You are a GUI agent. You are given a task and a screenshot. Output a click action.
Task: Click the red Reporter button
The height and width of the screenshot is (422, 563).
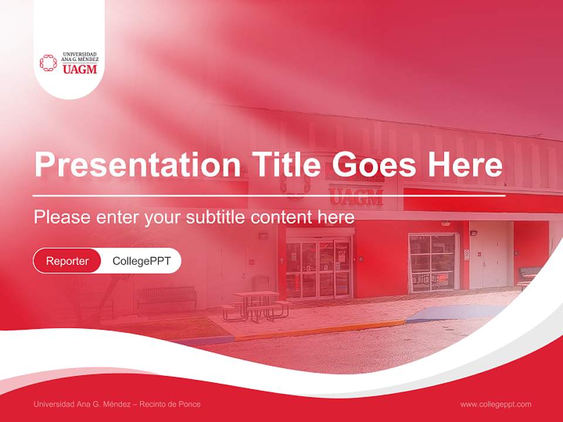coord(67,261)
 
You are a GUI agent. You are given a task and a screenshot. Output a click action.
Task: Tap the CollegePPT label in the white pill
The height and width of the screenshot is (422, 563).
coord(141,261)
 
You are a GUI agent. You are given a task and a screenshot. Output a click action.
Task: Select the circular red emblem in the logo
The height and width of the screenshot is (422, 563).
coord(49,63)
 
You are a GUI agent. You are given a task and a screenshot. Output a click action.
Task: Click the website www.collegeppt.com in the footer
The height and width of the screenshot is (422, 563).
coord(496,404)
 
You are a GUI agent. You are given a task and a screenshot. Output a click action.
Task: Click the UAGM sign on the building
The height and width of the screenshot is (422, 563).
coord(356,195)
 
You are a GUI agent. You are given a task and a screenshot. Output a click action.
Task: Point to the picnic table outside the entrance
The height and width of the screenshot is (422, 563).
coord(256,304)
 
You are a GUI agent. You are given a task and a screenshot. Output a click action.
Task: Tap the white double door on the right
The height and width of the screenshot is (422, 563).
coord(491,255)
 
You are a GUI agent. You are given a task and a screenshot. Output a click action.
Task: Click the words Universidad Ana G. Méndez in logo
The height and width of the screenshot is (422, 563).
coord(80,57)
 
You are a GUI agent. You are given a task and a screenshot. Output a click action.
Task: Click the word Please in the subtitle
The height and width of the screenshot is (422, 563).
coord(62,217)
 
